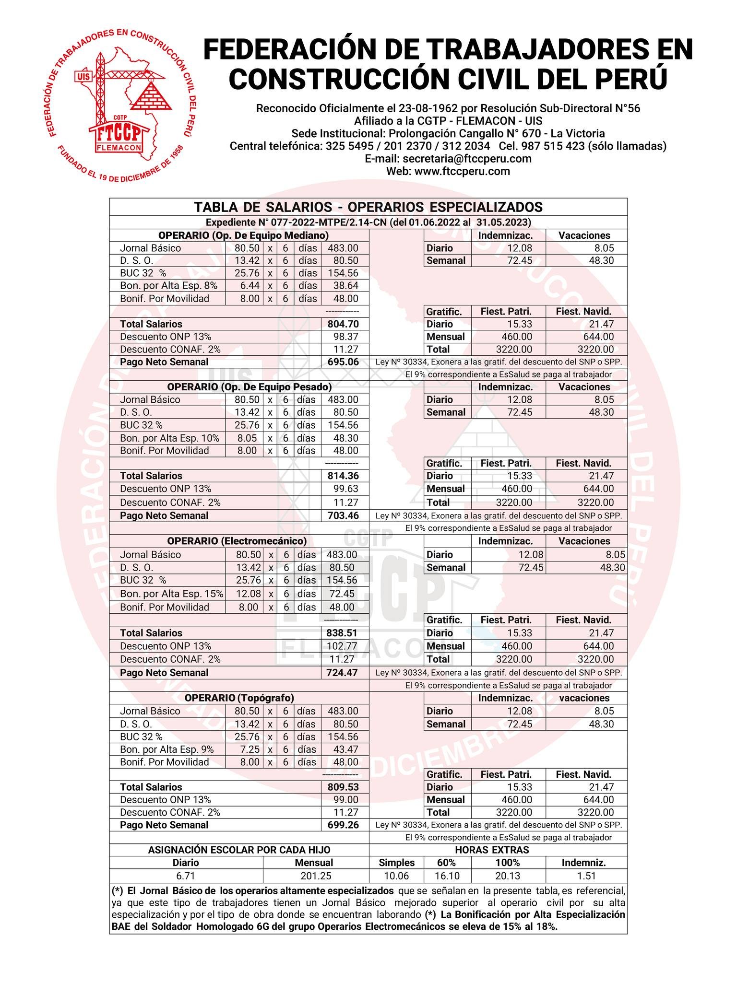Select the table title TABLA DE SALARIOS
[x=368, y=207]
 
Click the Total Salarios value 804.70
[x=343, y=324]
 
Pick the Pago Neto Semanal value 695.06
[x=343, y=362]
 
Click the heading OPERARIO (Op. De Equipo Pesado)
[x=249, y=387]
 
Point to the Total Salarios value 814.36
[x=343, y=476]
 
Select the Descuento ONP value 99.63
[x=345, y=489]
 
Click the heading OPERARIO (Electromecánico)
[x=237, y=541]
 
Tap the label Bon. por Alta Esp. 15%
[x=171, y=594]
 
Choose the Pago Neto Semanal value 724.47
[x=342, y=673]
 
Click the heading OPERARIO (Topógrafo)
[x=239, y=698]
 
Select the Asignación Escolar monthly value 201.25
[x=316, y=876]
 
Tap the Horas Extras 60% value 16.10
[x=447, y=876]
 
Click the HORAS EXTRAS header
[x=492, y=850]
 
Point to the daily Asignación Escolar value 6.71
[x=186, y=876]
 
